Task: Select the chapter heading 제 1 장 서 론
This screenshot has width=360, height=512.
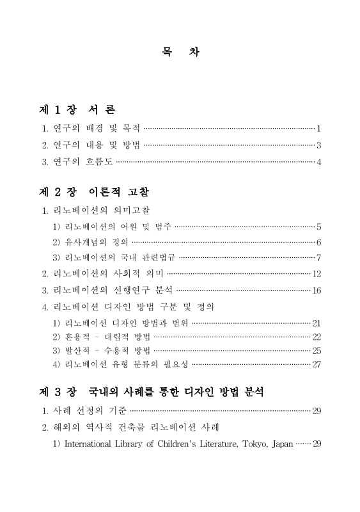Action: tap(77, 109)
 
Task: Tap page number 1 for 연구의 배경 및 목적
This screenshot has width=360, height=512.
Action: tap(318, 129)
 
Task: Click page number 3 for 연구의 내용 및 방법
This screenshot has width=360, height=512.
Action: tap(318, 145)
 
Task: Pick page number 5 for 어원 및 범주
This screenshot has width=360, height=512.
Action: tap(318, 227)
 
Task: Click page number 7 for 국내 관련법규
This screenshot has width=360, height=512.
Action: tap(318, 258)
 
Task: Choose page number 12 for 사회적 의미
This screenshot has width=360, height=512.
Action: tap(316, 274)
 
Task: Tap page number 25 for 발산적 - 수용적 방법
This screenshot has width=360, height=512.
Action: tap(316, 351)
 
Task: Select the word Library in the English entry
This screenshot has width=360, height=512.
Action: tap(128, 444)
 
